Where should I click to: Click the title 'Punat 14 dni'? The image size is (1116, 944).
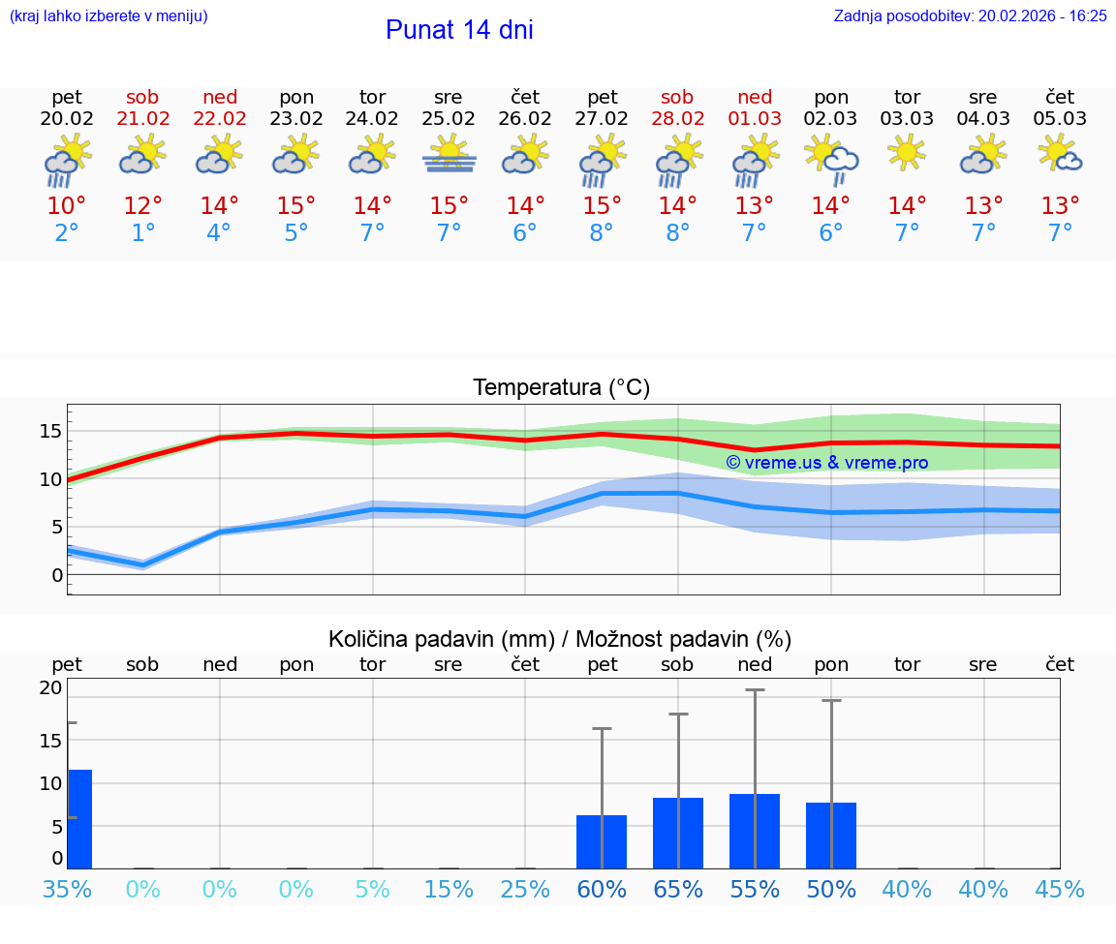[459, 30]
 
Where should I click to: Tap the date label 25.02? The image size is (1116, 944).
[449, 119]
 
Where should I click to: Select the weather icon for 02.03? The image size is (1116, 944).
[831, 158]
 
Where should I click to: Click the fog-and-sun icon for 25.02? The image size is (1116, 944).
[449, 155]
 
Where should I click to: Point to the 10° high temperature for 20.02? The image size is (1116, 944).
[67, 205]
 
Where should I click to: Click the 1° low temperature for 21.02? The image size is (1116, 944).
[143, 232]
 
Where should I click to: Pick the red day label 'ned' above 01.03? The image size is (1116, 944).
[755, 97]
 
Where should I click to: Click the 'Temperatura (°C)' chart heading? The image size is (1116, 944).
[561, 388]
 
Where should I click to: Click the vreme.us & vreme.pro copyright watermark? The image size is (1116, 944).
[827, 463]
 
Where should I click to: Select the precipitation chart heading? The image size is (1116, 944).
[560, 639]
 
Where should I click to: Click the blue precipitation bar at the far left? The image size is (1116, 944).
[78, 818]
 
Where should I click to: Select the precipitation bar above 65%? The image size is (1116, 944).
[678, 833]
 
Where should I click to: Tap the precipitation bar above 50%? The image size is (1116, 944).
[831, 835]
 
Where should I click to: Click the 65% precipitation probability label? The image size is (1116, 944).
[678, 890]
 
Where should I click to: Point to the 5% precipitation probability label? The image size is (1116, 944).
[373, 890]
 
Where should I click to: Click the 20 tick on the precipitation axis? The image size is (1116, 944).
[50, 687]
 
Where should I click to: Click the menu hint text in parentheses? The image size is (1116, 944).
[108, 16]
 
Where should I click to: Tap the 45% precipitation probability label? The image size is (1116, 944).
[1060, 890]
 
